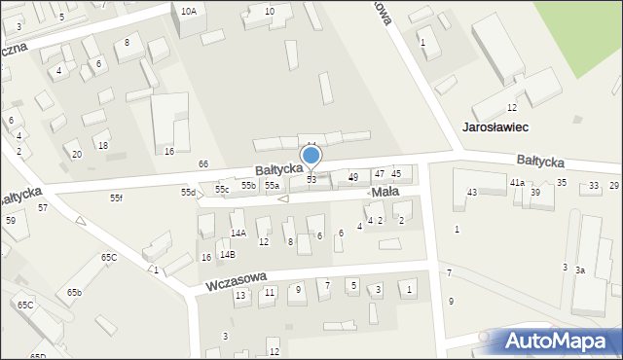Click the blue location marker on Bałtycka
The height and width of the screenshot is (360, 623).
tap(311, 156)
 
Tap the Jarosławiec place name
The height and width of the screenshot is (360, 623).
tap(495, 126)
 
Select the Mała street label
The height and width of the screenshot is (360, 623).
tap(385, 193)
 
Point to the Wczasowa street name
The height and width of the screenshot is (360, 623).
tap(236, 282)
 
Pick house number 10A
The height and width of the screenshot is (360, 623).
tap(189, 11)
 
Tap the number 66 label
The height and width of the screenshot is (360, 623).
tap(202, 163)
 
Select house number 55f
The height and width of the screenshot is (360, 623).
tap(116, 198)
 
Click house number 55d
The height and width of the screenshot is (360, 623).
tap(188, 193)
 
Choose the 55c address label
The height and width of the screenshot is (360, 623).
tap(223, 189)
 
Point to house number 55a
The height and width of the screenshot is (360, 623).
tap(272, 185)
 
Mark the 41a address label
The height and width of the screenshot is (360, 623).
tap(517, 182)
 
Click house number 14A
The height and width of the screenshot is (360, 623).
tap(238, 234)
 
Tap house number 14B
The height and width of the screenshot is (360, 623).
tap(227, 254)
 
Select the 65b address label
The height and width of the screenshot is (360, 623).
tap(75, 292)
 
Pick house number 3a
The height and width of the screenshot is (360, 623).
tap(580, 270)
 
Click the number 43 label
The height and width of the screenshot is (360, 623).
tap(472, 193)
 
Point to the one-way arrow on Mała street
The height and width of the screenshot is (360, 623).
tap(283, 199)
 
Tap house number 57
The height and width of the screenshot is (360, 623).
tap(43, 207)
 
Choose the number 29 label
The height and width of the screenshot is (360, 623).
tap(614, 185)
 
